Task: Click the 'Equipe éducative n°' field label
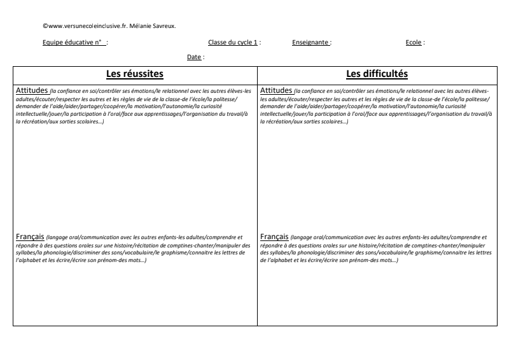[75, 43]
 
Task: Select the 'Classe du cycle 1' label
[233, 43]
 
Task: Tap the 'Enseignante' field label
[310, 43]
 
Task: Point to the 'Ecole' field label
[414, 43]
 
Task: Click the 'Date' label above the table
[194, 57]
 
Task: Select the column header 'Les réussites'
[135, 74]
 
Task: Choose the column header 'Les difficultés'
[377, 74]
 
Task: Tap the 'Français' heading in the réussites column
[29, 237]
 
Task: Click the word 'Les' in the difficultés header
[353, 74]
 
